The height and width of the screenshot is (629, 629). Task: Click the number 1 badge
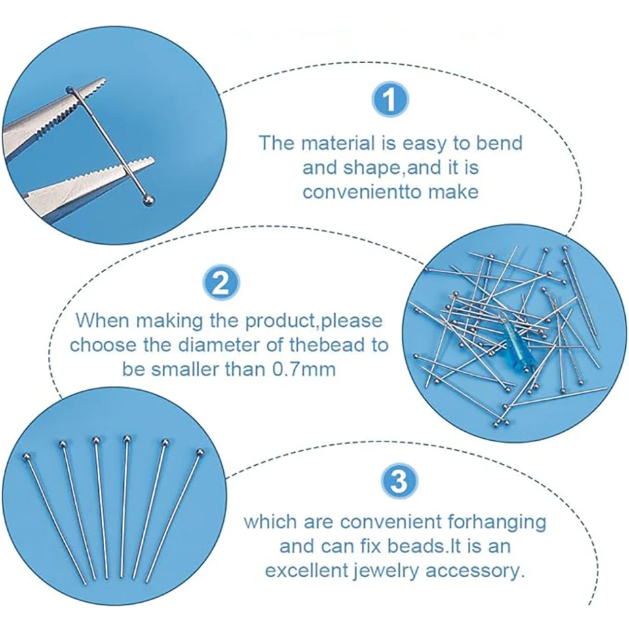pyautogui.click(x=390, y=100)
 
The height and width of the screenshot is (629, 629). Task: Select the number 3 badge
pyautogui.click(x=398, y=481)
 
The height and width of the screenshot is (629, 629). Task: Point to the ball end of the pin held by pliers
pyautogui.click(x=148, y=200)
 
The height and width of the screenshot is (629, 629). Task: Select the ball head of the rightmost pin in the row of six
pyautogui.click(x=200, y=452)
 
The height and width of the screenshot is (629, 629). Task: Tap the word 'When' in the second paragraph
pyautogui.click(x=102, y=320)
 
